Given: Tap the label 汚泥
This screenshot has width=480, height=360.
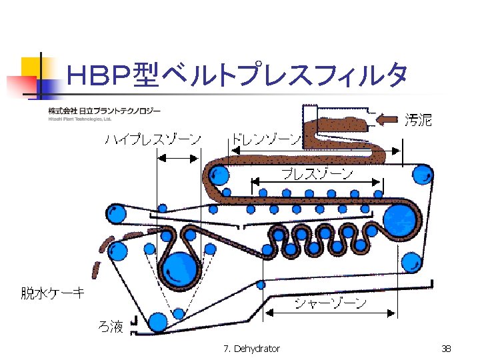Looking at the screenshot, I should pyautogui.click(x=418, y=120).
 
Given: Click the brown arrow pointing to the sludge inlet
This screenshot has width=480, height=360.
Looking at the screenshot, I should pyautogui.click(x=387, y=120).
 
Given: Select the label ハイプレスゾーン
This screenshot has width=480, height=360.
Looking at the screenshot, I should pyautogui.click(x=153, y=139).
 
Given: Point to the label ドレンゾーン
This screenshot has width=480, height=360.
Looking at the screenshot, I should pyautogui.click(x=266, y=139).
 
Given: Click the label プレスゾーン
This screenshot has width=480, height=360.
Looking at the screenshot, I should pyautogui.click(x=317, y=175).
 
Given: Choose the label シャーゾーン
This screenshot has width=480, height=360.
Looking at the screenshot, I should pyautogui.click(x=331, y=304).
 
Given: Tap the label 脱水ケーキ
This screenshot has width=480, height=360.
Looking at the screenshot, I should pyautogui.click(x=53, y=293).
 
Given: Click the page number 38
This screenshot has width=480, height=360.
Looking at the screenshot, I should pyautogui.click(x=446, y=349).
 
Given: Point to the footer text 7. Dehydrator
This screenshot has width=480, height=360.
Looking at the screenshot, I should pyautogui.click(x=253, y=349).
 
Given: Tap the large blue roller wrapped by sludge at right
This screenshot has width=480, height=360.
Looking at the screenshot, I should pyautogui.click(x=399, y=219).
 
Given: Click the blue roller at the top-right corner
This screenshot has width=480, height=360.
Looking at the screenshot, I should pyautogui.click(x=421, y=175).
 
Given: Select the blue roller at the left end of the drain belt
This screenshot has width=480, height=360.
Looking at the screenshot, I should pyautogui.click(x=217, y=177).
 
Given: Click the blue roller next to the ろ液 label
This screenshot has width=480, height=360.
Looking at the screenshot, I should pyautogui.click(x=158, y=322).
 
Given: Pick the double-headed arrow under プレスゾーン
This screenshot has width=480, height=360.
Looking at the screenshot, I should pyautogui.click(x=316, y=183).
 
